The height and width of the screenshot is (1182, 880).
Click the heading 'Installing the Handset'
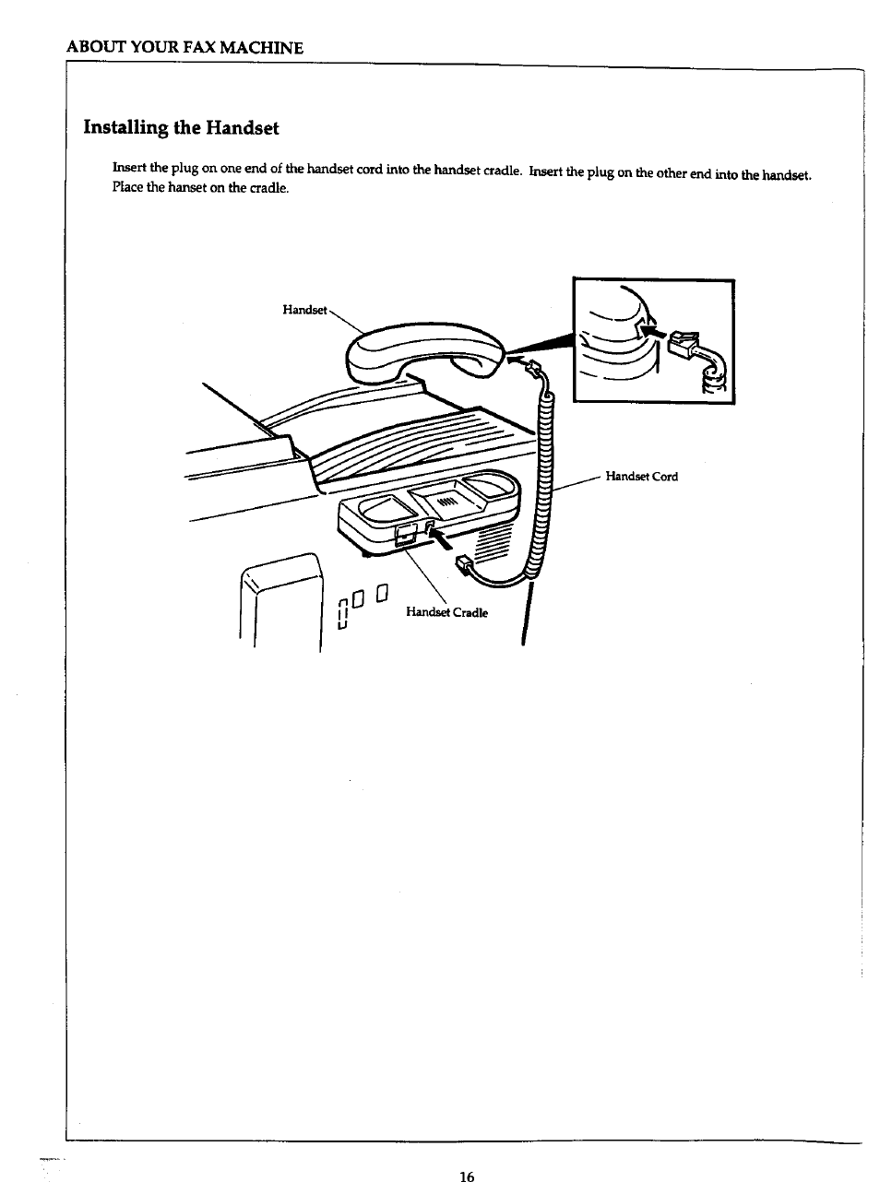181,127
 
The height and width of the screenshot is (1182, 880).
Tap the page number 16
466,1176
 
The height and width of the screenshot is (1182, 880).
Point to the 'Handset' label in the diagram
303,310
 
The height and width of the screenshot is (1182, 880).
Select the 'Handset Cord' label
641,477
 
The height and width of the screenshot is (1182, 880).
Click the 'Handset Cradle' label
446,612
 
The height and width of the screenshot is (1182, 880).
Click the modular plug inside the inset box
684,344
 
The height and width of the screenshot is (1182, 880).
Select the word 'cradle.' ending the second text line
268,188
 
